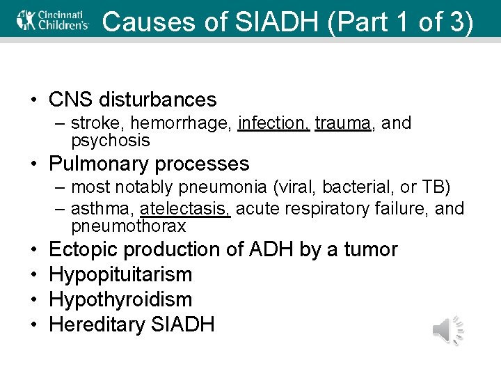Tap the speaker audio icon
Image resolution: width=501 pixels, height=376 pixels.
click(448, 329)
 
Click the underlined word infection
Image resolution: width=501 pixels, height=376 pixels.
click(273, 123)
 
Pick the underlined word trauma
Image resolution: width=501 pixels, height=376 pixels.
click(342, 123)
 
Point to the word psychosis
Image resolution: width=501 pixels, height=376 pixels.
click(110, 141)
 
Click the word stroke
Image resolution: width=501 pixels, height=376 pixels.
click(93, 123)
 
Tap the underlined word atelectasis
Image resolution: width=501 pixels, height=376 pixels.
click(185, 209)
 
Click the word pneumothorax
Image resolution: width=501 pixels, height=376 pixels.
click(128, 226)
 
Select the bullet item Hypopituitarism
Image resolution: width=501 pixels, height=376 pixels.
click(120, 274)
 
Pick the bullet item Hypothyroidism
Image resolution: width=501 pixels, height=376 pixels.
click(120, 299)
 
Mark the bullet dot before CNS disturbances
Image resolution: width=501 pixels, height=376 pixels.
click(34, 101)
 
